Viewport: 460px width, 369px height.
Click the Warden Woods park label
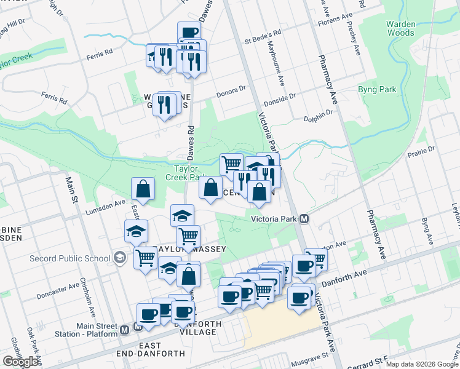tap(400, 28)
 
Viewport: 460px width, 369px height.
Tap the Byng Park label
tap(377, 90)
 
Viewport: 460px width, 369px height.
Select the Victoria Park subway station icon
tap(303, 219)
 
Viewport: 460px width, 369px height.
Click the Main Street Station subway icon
tap(125, 329)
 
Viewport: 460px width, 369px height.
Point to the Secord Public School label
tap(70, 258)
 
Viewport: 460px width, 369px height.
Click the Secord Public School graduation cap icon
tap(119, 258)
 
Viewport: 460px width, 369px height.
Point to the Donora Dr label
tap(231, 92)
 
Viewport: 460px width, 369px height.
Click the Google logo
tap(20, 362)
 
